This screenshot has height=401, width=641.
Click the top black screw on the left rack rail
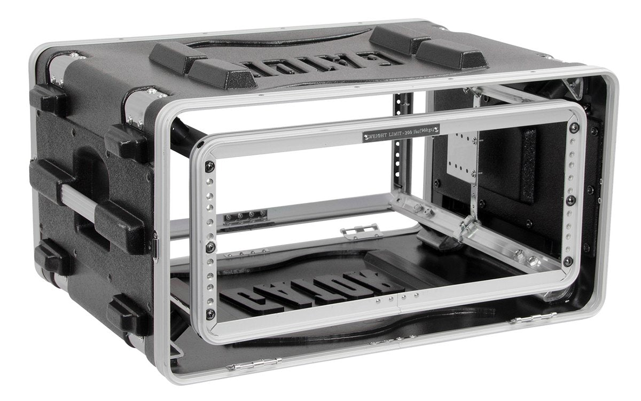[x=210, y=166]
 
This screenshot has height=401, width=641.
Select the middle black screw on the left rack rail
[x=211, y=247]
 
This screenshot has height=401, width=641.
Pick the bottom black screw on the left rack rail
[x=212, y=313]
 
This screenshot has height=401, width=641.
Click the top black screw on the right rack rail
[x=574, y=128]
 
